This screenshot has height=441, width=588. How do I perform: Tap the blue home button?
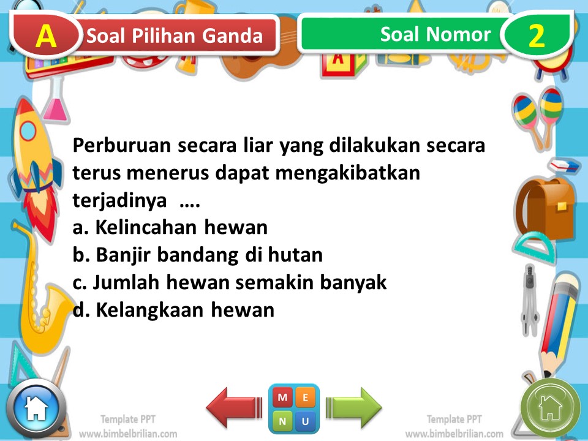coord(36,408)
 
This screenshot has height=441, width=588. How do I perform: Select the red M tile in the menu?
coord(282,398)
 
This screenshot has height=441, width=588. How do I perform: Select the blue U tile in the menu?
coord(306,421)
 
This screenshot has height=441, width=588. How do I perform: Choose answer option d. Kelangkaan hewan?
coord(173,311)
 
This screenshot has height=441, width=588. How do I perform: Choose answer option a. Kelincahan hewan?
coord(170,228)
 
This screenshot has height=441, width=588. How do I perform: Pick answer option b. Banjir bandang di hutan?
coord(197,255)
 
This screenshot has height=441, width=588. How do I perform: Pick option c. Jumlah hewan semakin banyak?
coord(230,283)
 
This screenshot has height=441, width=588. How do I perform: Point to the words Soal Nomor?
coord(435,34)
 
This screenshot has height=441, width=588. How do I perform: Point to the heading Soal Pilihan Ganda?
coord(175,36)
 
